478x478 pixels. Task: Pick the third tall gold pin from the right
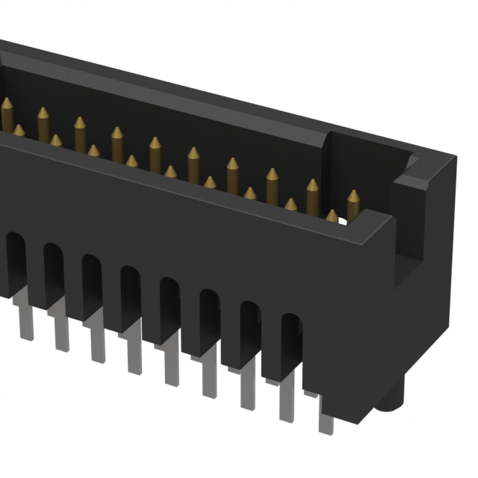click(272, 183)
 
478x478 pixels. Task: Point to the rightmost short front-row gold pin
click(332, 216)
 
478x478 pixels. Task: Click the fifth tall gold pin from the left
click(155, 152)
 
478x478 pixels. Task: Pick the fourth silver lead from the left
click(134, 354)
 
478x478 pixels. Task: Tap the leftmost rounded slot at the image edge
click(15, 258)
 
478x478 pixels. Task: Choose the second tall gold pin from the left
click(43, 122)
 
